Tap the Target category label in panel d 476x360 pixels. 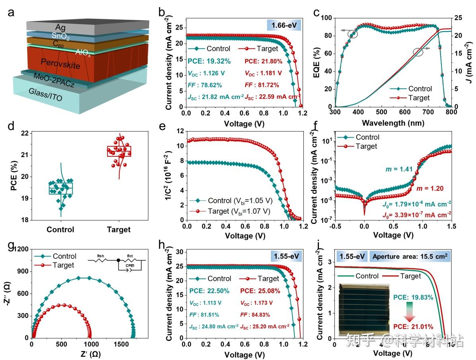119,230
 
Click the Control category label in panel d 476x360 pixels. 60,230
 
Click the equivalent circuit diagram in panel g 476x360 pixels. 118,263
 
